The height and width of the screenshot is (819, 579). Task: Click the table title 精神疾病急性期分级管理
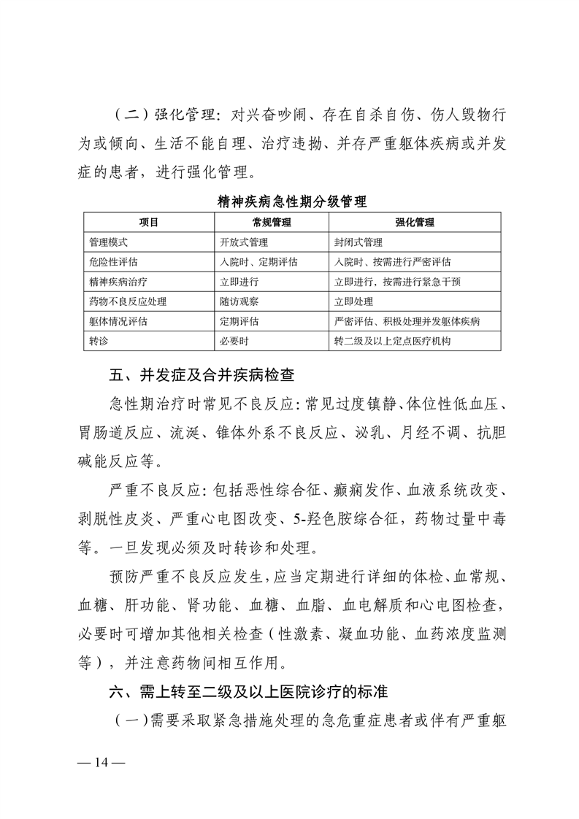292,201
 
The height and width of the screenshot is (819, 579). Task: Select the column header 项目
149,222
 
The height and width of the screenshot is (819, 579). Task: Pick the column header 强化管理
415,222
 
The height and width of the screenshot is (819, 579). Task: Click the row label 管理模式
109,242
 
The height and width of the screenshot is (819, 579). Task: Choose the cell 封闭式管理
358,242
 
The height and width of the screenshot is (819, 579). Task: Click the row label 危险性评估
113,261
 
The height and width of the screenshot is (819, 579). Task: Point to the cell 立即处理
353,301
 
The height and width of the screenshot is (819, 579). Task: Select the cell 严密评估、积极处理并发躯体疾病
407,320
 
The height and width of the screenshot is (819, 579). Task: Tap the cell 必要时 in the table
234,340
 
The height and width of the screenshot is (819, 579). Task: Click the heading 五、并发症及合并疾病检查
202,377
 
